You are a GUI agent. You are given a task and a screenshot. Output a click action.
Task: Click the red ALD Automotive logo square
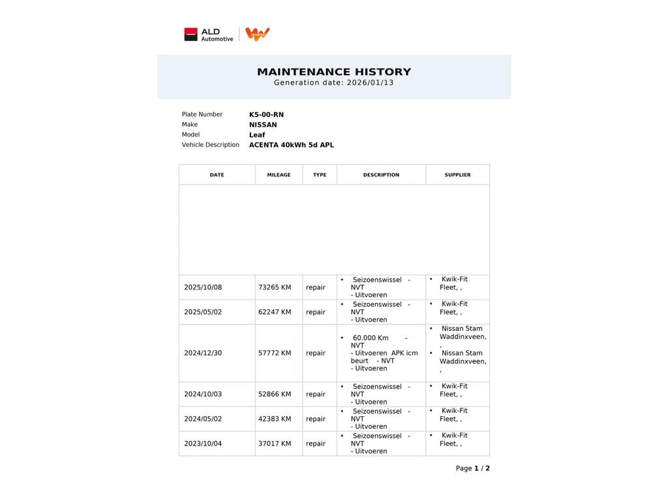tap(190, 35)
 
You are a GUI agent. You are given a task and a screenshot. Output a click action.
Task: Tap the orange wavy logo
tap(258, 34)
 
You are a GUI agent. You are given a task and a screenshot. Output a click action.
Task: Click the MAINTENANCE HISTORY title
tap(334, 72)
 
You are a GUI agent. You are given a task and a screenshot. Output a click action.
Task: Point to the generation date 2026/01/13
tap(370, 83)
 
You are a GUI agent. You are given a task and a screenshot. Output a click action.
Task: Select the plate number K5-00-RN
tap(266, 115)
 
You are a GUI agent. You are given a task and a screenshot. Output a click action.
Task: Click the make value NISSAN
tap(263, 125)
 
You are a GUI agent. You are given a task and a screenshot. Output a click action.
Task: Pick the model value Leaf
tap(257, 135)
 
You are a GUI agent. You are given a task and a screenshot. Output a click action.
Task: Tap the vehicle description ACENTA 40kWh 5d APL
tap(291, 145)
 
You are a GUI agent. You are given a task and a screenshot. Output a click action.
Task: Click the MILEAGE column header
tap(279, 175)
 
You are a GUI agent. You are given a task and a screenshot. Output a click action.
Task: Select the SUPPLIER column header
tap(457, 175)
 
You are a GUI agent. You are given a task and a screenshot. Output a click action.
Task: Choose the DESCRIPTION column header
tap(381, 175)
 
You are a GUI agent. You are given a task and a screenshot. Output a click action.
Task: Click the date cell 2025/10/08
tap(203, 288)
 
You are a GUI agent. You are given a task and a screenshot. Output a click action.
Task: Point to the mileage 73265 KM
tap(275, 288)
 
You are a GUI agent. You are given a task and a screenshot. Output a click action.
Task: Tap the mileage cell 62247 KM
tap(275, 312)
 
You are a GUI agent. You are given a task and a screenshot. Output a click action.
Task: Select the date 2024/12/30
tap(203, 354)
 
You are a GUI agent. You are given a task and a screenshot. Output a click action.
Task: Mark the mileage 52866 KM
tap(275, 395)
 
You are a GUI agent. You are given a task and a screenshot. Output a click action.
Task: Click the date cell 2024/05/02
tap(203, 419)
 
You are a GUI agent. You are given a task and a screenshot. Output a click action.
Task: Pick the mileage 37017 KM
tap(275, 444)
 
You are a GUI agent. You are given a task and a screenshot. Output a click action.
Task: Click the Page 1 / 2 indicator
tap(472, 468)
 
